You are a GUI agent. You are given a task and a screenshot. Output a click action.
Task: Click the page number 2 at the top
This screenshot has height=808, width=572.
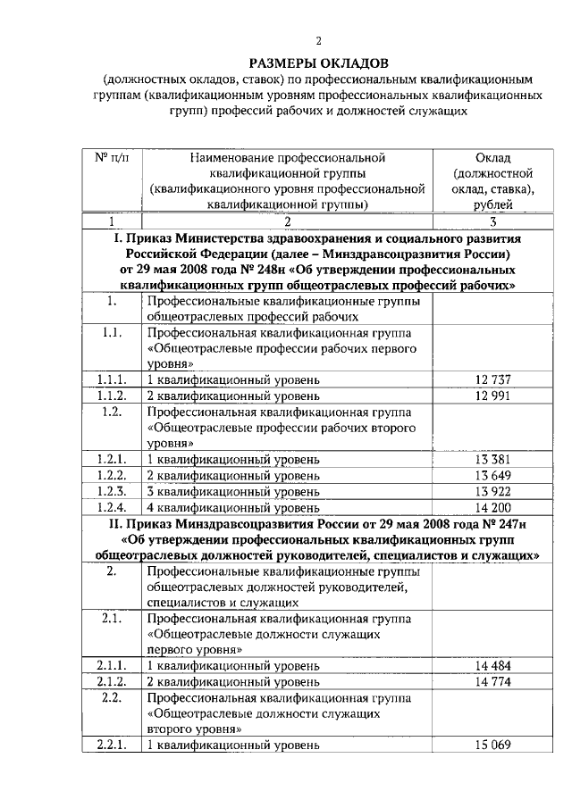coord(319,40)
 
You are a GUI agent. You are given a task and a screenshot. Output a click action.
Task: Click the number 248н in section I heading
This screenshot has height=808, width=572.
coord(284,271)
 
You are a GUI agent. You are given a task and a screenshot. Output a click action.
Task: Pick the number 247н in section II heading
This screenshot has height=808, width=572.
coord(507,523)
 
